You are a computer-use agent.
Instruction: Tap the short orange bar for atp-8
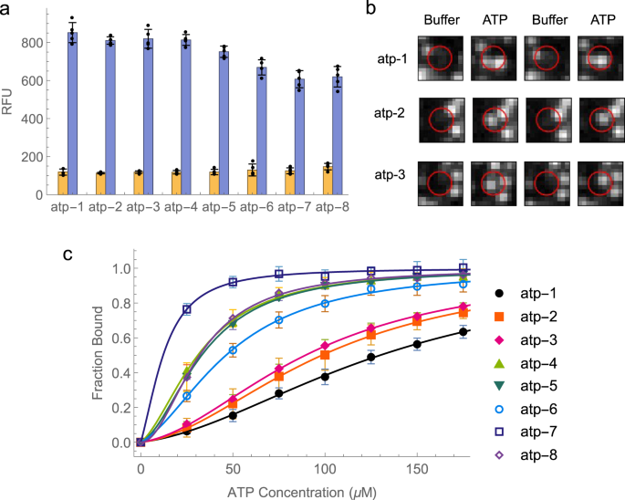[x=327, y=181]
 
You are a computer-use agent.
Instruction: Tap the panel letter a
[x=8, y=9]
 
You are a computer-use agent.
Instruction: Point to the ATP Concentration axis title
[x=298, y=491]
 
